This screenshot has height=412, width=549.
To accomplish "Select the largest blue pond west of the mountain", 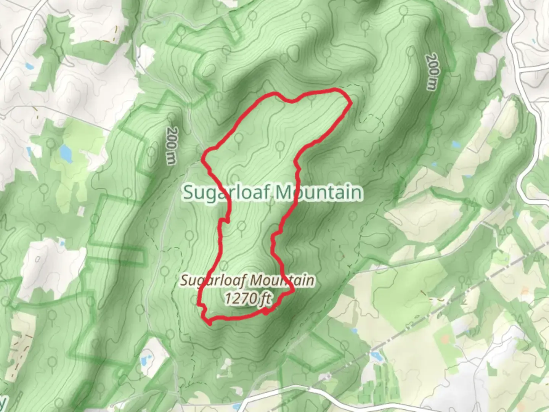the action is pyautogui.click(x=66, y=153).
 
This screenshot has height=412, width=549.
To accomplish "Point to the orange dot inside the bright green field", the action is pyautogui.click(x=445, y=338).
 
